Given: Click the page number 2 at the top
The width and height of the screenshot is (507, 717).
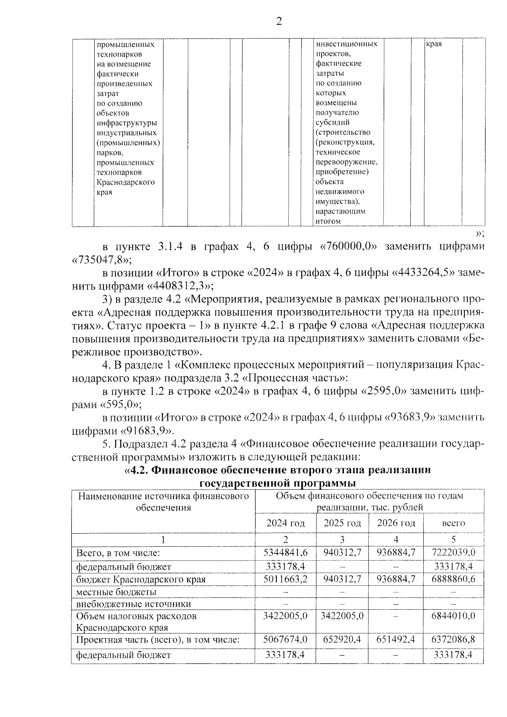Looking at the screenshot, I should [279, 22].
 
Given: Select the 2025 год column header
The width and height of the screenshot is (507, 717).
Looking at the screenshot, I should [342, 523].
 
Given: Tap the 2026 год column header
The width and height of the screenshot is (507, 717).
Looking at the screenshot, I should [396, 523].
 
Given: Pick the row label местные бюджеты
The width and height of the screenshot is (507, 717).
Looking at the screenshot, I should [116, 592].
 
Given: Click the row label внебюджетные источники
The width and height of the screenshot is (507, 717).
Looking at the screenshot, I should [134, 604].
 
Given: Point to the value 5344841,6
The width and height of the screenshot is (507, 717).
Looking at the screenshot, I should [286, 552].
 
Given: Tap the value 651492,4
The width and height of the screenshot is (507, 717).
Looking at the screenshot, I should [395, 640].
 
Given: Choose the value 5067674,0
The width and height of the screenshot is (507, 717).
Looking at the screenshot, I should [286, 640].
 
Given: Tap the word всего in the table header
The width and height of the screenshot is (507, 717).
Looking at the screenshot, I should [453, 523].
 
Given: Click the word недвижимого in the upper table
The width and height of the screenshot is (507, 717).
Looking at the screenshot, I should [340, 191].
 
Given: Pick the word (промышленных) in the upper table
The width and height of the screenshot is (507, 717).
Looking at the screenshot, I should [128, 143].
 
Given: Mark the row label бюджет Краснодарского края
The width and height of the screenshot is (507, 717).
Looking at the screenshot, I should [141, 579].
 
